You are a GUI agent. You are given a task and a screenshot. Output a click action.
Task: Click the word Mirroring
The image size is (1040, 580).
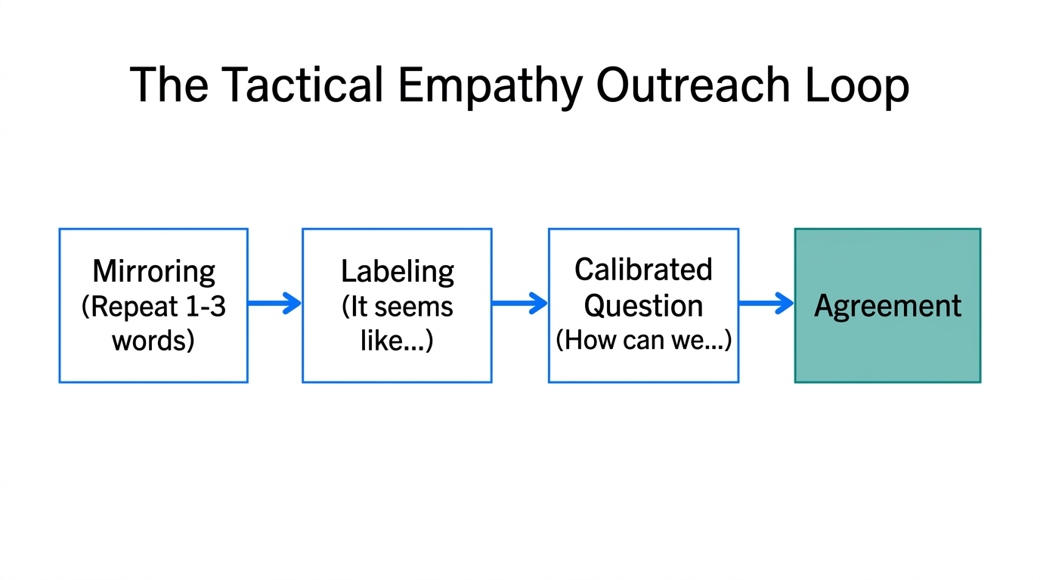pos(153,270)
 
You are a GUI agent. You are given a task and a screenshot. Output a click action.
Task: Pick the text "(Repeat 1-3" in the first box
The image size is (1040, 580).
pos(153,307)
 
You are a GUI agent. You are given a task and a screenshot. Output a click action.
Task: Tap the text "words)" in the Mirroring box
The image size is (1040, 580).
pos(153,341)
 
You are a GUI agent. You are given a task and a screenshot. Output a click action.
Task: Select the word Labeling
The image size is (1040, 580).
pos(397,270)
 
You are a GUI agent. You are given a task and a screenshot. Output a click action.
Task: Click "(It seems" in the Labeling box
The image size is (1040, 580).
pos(397,307)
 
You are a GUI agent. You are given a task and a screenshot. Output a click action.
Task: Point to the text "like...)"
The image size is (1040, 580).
pos(397,341)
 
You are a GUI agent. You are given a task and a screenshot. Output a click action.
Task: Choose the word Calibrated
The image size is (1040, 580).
pos(643,269)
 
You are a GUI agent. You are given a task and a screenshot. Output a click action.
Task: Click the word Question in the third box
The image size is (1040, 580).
pos(643,305)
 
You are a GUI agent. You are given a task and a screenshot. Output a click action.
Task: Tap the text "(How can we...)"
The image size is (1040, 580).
pos(643,340)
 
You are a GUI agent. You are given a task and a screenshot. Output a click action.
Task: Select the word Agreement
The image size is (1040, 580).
pos(887,306)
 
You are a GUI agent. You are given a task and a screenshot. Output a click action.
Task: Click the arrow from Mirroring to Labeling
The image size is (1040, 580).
pos(274,304)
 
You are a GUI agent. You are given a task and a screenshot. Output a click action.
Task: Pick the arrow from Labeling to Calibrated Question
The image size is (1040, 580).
pos(519,304)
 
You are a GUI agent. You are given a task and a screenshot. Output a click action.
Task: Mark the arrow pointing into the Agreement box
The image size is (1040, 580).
pos(766,304)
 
